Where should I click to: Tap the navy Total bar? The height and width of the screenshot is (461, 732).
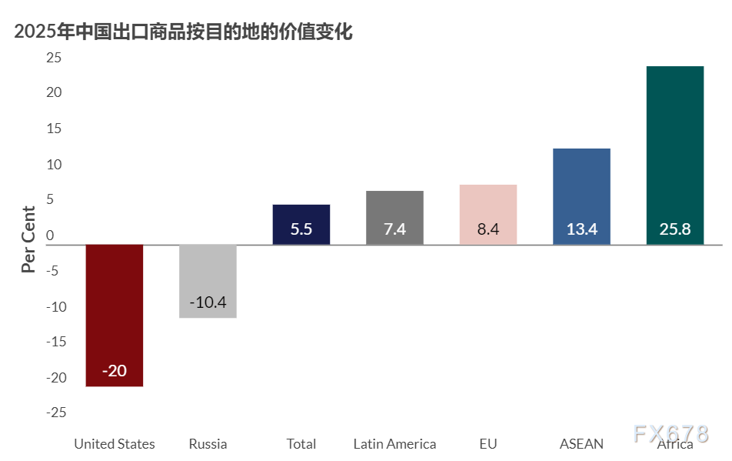coord(301,224)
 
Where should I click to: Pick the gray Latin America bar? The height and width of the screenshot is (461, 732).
coord(394,218)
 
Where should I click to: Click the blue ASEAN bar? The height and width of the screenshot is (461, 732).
coord(581,196)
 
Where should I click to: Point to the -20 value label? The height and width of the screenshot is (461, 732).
coord(114,371)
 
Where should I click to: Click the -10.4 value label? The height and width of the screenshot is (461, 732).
coord(208,302)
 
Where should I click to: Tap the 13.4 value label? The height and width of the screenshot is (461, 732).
coord(581,229)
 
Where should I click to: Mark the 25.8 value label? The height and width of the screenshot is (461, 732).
coord(675,229)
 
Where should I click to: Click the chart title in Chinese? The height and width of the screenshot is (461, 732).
coord(183,32)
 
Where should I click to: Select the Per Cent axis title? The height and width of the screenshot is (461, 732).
coord(28,239)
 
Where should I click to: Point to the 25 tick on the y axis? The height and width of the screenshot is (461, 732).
coord(53,57)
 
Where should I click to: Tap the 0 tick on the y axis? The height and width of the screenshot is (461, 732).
coord(50,235)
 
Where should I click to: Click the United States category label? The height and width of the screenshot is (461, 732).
coord(114,444)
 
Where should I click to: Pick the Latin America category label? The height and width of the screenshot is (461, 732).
coord(394,444)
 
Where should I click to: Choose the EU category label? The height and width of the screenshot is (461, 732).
coord(488,444)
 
